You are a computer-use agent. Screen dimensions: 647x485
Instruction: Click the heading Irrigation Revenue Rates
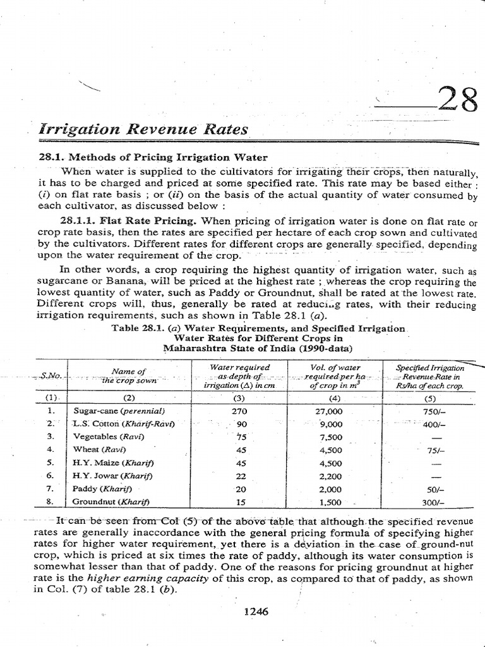tap(143, 130)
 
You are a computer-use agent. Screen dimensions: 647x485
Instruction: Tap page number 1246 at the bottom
tap(256, 612)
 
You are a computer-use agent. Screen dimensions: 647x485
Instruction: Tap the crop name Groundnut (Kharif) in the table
tap(112, 502)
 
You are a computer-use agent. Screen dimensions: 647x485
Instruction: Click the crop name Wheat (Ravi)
tap(100, 449)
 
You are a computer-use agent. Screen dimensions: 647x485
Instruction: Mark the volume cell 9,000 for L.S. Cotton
tap(330, 423)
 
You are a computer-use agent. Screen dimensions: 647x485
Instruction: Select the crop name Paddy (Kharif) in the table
tap(102, 489)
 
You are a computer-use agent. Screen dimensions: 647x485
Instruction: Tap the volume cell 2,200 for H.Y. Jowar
tap(330, 476)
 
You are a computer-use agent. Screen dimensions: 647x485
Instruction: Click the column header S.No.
tap(49, 375)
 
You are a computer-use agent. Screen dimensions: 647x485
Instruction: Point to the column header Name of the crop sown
tap(128, 376)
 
